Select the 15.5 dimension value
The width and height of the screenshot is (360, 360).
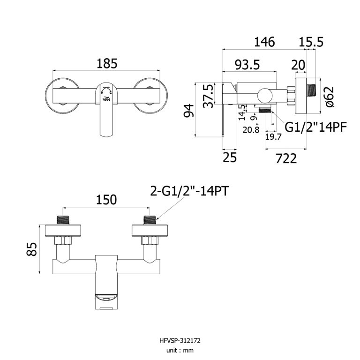311,42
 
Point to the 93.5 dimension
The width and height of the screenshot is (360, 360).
247,65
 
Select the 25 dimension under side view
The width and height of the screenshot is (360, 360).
229,158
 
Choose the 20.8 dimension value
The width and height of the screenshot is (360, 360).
251,130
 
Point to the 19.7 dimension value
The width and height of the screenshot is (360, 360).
273,136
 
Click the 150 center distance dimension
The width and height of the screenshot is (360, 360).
106,200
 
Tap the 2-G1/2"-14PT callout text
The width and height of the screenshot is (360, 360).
190,191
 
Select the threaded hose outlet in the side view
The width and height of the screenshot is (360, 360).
266,111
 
